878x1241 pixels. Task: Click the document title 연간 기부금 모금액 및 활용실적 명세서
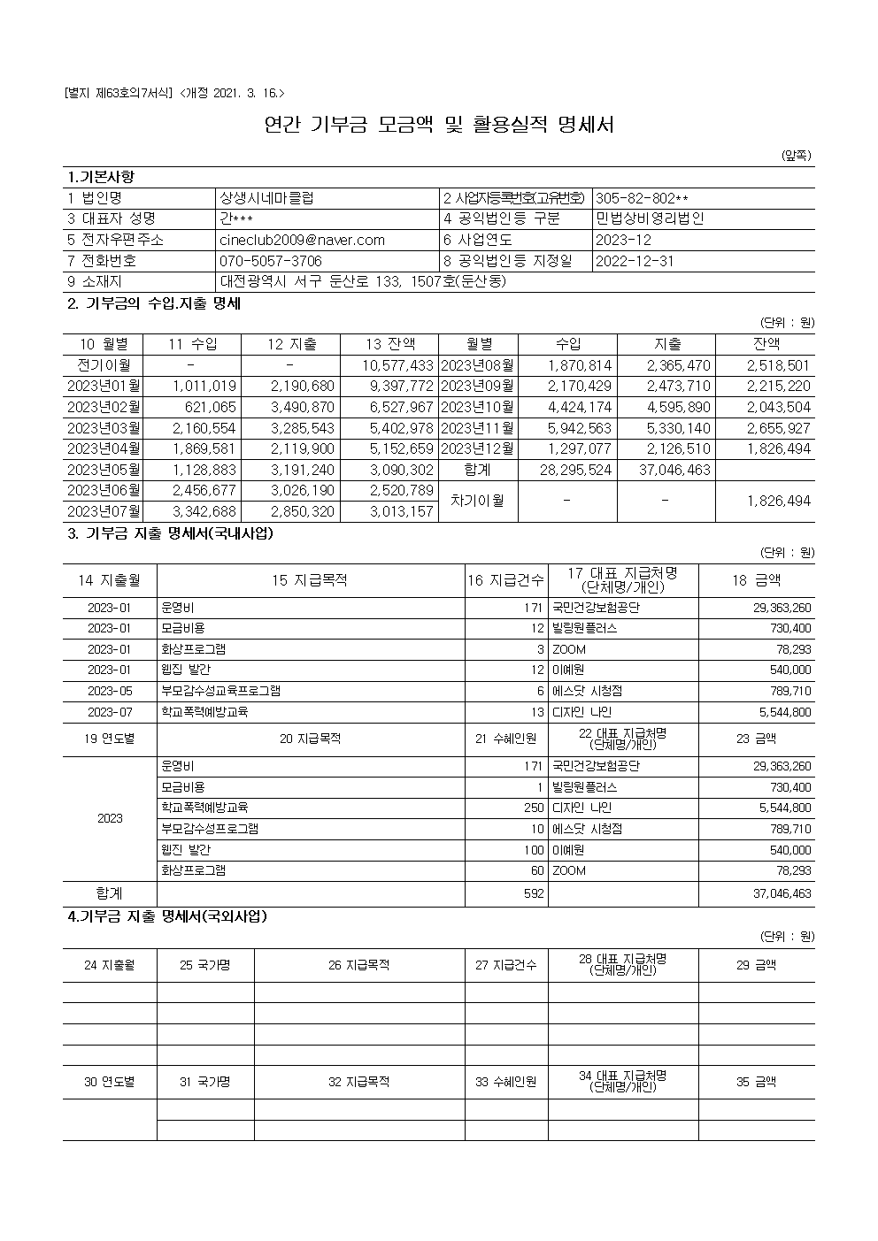click(439, 125)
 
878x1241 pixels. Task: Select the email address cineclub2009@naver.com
click(302, 240)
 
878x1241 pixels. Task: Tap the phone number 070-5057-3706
click(271, 261)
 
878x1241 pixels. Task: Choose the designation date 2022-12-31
click(635, 261)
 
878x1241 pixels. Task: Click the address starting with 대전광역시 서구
click(363, 282)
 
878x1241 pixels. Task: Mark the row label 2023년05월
click(104, 470)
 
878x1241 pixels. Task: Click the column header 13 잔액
click(389, 344)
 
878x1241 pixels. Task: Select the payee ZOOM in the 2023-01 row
click(569, 649)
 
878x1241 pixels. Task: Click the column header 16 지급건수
click(506, 580)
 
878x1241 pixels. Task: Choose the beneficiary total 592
click(534, 894)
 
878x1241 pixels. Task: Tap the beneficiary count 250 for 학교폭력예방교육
click(534, 808)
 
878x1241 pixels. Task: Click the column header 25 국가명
click(205, 965)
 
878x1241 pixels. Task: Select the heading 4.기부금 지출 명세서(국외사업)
click(167, 916)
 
